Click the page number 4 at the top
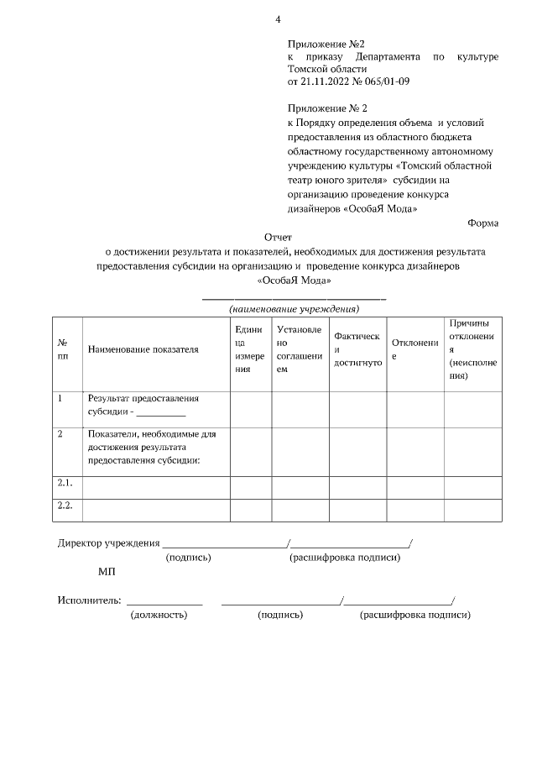tap(278, 19)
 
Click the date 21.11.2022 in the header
tap(326, 81)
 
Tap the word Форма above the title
tap(482, 223)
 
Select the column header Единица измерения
tap(250, 349)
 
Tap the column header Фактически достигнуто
tap(357, 349)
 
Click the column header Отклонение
tap(409, 349)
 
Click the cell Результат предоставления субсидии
tap(143, 405)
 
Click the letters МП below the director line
tap(107, 572)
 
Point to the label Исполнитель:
tap(90, 600)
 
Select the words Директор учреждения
tap(108, 542)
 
